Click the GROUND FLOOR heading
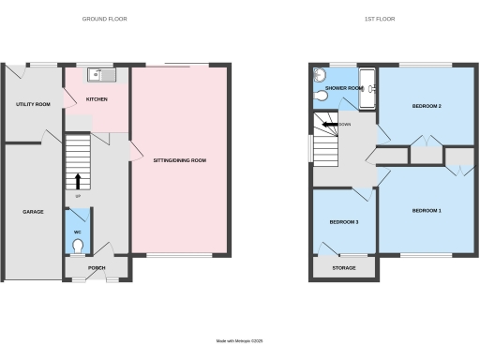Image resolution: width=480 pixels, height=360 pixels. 104,19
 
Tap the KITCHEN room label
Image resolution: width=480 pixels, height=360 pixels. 97,98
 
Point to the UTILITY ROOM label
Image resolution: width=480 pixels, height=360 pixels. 33,104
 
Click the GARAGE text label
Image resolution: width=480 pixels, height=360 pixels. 33,212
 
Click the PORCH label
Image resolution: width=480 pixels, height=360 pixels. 97,267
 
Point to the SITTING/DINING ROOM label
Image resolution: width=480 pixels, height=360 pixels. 179,160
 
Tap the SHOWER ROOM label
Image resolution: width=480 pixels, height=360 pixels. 344,88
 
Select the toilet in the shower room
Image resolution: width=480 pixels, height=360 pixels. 322,94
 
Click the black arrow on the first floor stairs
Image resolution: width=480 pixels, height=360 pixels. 327,124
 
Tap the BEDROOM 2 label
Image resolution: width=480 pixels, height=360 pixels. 427,106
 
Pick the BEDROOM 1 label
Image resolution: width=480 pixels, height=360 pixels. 426,211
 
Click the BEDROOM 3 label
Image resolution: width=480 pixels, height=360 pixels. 344,222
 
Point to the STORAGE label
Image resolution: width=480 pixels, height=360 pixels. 344,268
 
